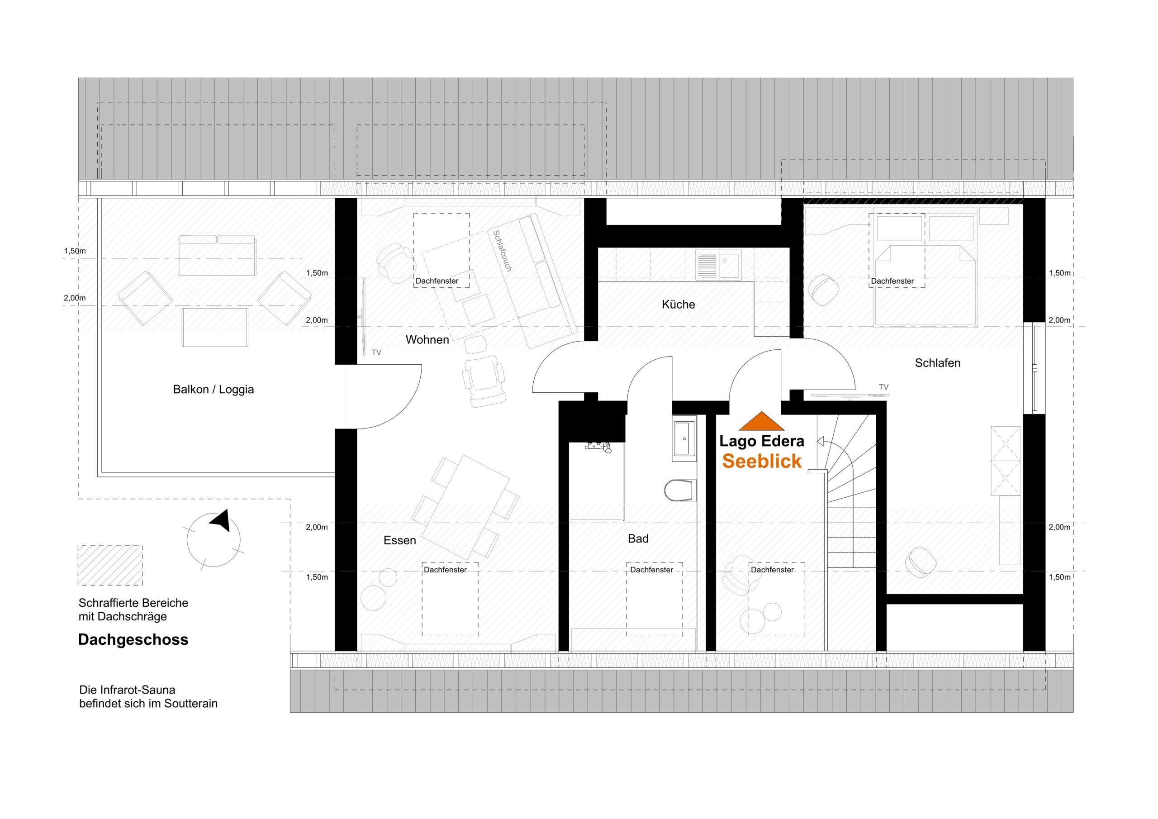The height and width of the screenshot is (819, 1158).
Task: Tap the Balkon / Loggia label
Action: [x=213, y=389]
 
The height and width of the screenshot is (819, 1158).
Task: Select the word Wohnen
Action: [x=427, y=340]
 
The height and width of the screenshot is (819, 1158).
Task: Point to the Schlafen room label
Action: [x=937, y=363]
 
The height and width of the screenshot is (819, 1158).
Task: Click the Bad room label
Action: [x=637, y=539]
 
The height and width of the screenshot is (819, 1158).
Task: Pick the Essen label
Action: [x=399, y=540]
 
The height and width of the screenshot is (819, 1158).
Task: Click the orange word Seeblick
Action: [x=762, y=461]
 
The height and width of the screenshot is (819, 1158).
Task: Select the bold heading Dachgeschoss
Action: [x=133, y=640]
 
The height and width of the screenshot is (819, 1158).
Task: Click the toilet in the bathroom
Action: [x=680, y=490]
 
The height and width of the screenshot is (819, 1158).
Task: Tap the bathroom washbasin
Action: [x=684, y=438]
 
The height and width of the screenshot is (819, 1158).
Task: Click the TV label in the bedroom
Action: [x=883, y=387]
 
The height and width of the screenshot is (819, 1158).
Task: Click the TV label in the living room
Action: [x=376, y=353]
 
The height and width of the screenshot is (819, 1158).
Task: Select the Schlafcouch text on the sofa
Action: [x=502, y=251]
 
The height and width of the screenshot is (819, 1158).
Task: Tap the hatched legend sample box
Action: [x=110, y=565]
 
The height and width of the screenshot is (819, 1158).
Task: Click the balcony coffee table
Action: [x=215, y=328]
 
